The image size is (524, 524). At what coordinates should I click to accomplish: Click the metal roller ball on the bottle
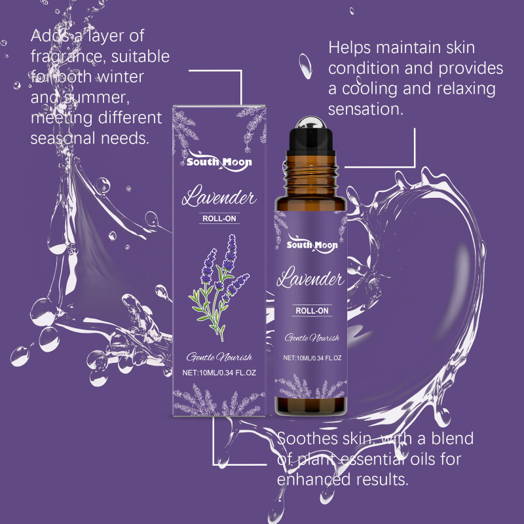coord(310,122)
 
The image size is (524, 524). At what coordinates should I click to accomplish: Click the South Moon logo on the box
coord(219,161)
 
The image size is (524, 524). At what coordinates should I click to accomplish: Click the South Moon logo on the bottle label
coord(312,244)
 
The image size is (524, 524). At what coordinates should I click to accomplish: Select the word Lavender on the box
coord(219,196)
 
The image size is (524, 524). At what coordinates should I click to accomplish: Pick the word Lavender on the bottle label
coord(310,277)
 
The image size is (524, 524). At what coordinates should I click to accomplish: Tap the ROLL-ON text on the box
coord(219,219)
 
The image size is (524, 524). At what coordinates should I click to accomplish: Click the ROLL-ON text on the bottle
coord(312,310)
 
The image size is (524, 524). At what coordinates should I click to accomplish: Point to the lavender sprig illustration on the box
coord(219,288)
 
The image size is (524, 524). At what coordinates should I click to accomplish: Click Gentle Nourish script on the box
coord(219,357)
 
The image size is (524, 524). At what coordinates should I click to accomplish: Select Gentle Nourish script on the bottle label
coord(312,338)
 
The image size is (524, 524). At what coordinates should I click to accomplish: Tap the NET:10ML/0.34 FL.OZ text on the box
coord(219,373)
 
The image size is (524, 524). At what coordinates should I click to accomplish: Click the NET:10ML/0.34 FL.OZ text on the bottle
coord(312,358)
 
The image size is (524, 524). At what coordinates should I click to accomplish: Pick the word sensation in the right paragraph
coord(365,109)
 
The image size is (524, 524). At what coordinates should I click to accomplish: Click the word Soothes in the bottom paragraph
coord(307,438)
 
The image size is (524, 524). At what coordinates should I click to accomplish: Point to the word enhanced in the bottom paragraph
coord(313,479)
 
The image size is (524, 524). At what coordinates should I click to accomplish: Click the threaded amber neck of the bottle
coord(311,176)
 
